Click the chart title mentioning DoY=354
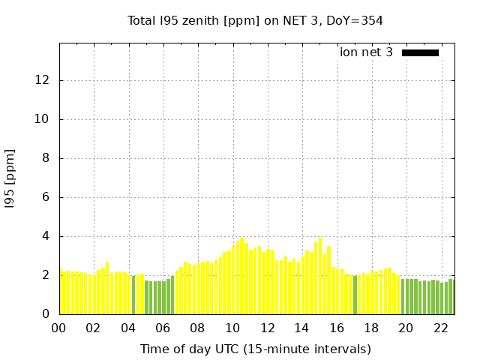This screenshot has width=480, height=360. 255,20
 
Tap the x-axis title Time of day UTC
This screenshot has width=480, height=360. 255,349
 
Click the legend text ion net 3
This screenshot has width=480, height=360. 366,52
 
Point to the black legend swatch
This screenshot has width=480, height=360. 420,52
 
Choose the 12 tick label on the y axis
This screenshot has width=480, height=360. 45,80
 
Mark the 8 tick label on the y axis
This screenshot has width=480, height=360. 48,158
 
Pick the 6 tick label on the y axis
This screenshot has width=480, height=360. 48,197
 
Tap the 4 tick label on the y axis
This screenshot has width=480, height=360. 48,236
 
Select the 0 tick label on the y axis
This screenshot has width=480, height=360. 48,314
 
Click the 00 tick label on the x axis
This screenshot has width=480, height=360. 59,328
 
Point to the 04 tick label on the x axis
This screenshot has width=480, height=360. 128,328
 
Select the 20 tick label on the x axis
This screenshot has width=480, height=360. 406,328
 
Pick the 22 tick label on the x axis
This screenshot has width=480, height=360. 441,328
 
